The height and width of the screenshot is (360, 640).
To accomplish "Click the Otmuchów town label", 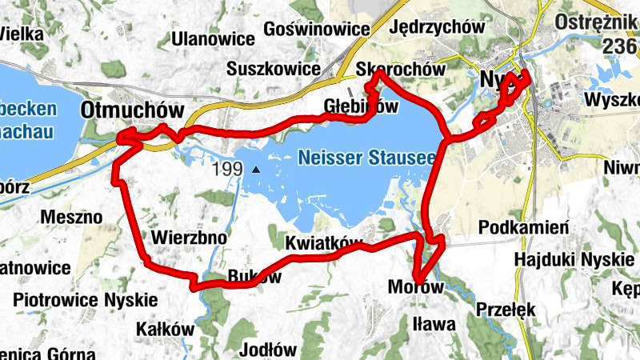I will point(133,110).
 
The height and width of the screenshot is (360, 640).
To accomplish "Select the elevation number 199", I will point(228,170).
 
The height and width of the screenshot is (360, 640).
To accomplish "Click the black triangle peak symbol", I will point(256,170).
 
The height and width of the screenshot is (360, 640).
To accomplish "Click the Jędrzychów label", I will point(437,26).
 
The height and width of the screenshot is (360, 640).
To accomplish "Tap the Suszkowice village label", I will point(273,68).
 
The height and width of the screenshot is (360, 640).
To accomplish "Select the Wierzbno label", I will point(189,238).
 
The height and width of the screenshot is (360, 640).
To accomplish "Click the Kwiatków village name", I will point(323,242).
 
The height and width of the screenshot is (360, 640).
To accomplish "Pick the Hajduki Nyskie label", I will point(574,260).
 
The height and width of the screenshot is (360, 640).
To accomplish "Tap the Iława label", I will point(434,324).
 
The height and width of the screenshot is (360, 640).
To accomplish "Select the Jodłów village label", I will point(268,350).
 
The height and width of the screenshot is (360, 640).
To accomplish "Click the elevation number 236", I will point(619,46).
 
